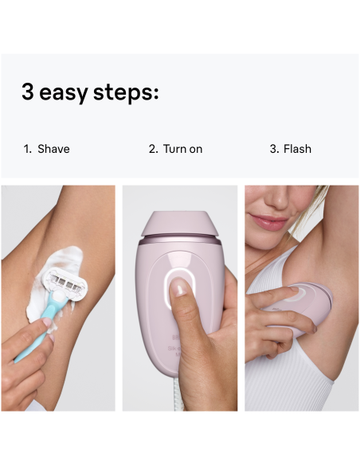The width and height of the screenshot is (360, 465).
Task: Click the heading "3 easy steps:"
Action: (90, 92)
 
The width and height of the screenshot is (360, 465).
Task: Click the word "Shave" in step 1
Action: (53, 149)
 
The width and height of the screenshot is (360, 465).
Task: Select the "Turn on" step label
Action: (182, 149)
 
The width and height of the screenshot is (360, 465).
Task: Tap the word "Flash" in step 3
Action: (297, 149)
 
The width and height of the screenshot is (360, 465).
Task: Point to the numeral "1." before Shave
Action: (27, 149)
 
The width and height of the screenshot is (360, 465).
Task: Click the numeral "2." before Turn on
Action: (154, 149)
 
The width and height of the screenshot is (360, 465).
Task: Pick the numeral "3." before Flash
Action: (275, 149)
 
